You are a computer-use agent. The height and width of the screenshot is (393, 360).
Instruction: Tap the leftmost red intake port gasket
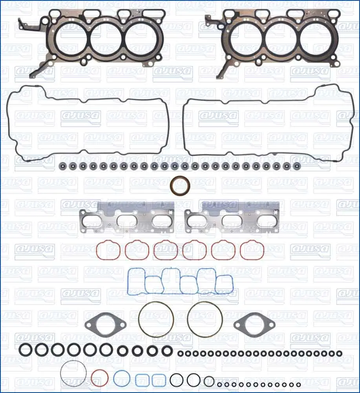(108, 250)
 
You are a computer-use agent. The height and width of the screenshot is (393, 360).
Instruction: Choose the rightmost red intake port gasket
(252, 250)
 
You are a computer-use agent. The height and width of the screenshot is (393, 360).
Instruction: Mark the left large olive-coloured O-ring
(156, 319)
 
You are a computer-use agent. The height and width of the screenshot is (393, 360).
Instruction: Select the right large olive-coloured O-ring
(205, 319)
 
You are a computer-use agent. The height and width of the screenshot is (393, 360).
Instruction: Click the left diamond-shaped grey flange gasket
(105, 325)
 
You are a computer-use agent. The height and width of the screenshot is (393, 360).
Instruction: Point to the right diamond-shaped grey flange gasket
(254, 325)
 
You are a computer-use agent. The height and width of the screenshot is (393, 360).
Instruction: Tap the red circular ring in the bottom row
(99, 378)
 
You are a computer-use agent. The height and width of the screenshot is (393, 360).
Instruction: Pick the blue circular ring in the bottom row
(122, 378)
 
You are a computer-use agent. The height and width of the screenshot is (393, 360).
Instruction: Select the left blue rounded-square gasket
(143, 380)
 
